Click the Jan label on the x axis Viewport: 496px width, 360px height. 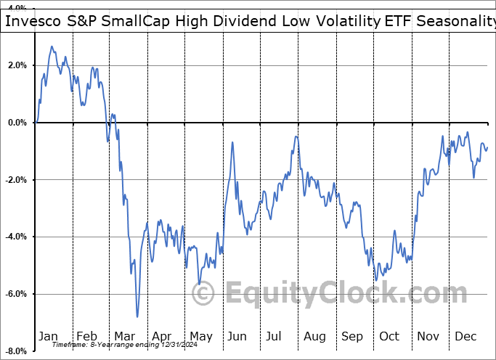click(48, 336)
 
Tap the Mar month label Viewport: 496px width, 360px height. click(124, 336)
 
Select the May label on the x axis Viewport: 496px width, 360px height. click(200, 336)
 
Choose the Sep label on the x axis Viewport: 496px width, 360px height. click(353, 336)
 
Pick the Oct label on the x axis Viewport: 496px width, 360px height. click(389, 336)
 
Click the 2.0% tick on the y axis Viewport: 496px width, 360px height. click(16, 65)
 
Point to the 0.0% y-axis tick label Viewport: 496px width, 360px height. click(16, 123)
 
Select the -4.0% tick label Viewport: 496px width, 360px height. click(15, 237)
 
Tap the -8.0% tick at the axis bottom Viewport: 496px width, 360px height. click(15, 351)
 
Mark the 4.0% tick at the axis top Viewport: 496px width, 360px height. click(16, 8)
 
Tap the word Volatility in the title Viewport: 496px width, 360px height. click(346, 21)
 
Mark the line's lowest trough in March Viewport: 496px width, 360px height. click(137, 316)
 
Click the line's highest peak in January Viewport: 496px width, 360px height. click(52, 46)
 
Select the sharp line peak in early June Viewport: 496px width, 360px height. click(232, 142)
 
